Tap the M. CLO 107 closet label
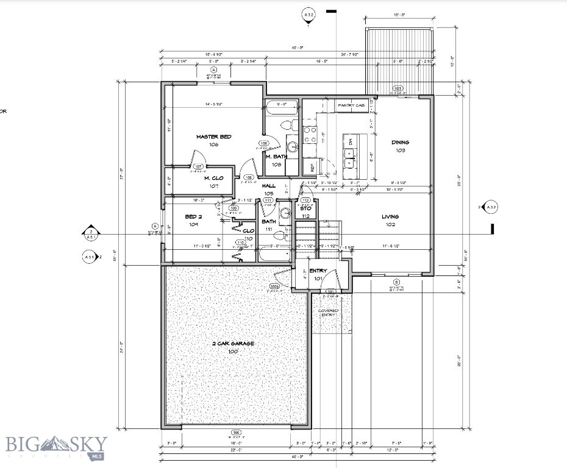214,182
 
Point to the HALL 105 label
269,190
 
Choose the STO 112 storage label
306,212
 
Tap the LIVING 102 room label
390,220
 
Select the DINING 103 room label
400,146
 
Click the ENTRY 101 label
318,274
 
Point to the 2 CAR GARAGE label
233,347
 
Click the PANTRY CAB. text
351,105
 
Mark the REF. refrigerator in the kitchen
309,165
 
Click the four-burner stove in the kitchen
310,134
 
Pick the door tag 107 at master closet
198,166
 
